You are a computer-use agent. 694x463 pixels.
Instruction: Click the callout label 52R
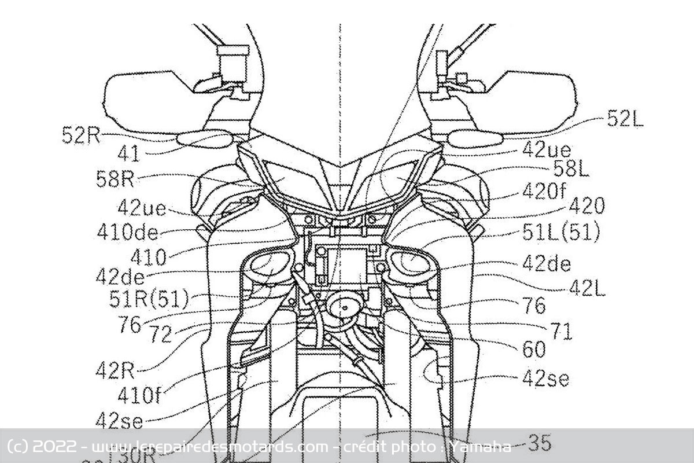tap(81, 135)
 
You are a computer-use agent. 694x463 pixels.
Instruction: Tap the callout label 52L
tap(625, 119)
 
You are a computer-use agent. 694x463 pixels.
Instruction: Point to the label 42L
tap(587, 288)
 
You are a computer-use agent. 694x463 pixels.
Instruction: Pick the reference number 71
tap(561, 332)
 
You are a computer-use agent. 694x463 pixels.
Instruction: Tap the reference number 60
tap(533, 349)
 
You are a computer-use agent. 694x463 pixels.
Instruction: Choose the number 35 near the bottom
tap(540, 443)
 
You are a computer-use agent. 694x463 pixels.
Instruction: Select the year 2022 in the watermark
tap(55, 447)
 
